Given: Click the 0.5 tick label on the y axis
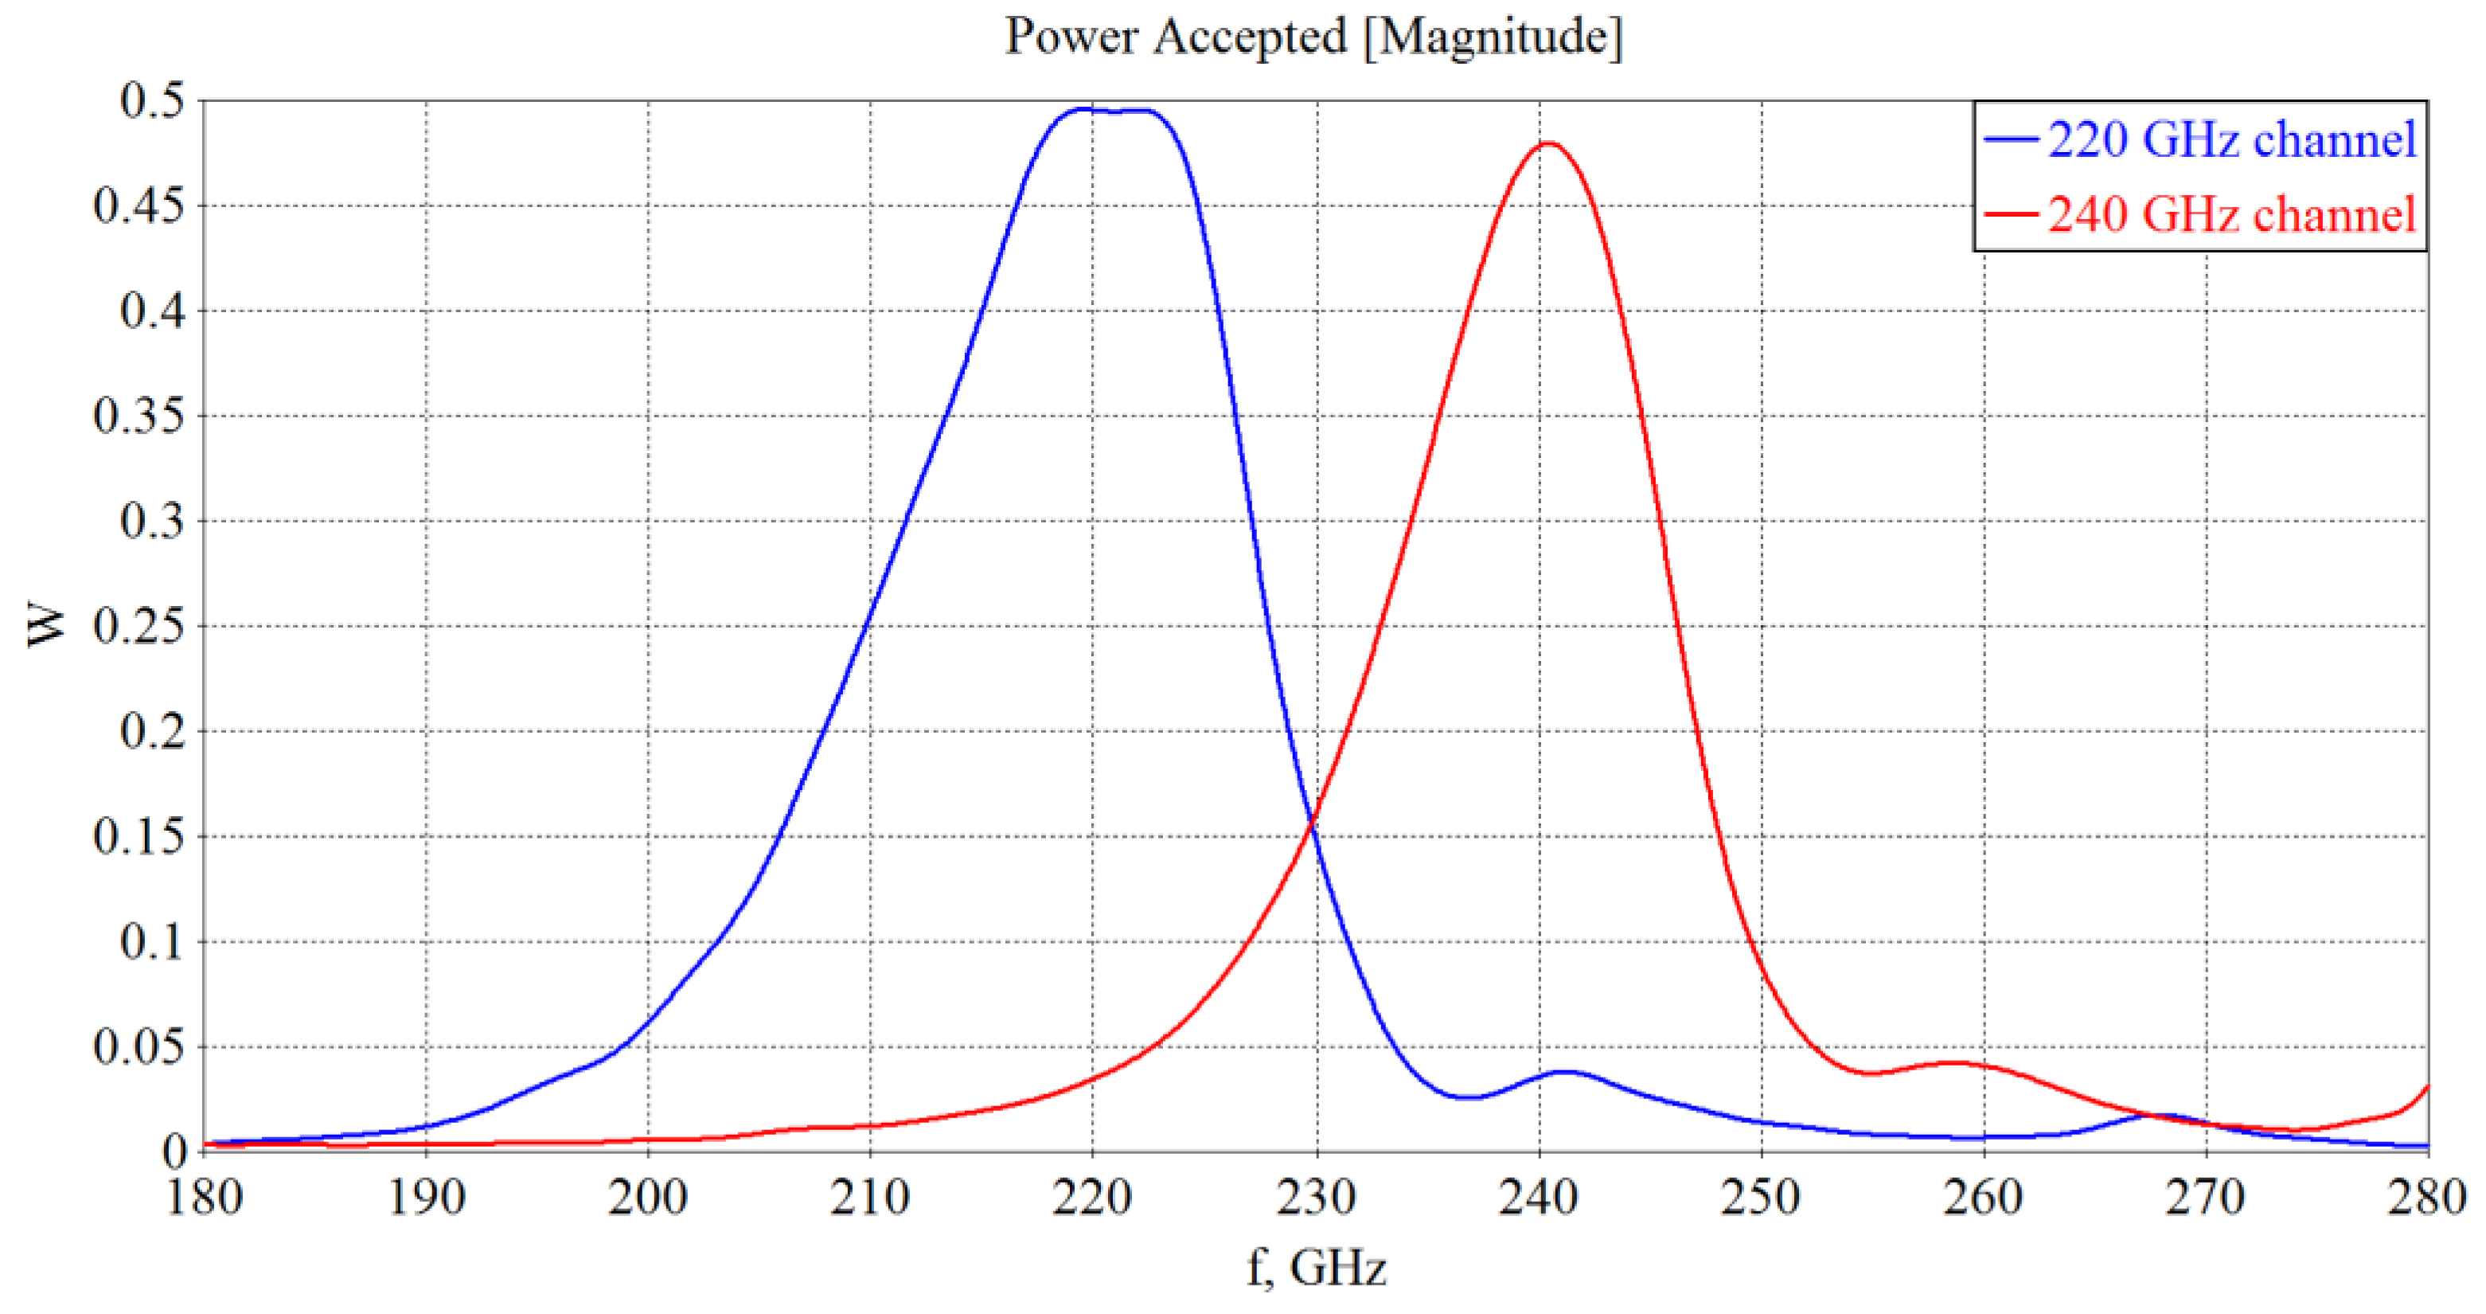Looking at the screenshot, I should (x=153, y=100).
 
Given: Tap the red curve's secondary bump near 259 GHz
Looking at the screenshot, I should (x=1953, y=1063).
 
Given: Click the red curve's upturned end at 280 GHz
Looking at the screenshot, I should (x=2426, y=1087).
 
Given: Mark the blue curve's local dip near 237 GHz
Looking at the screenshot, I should (x=1467, y=1097).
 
